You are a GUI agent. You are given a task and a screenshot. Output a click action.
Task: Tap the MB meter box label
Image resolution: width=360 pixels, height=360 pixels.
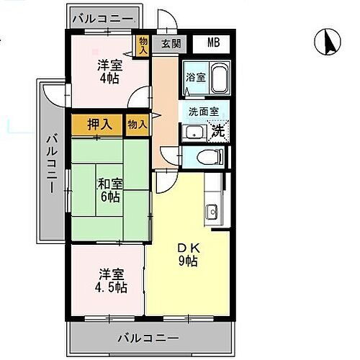[x=214, y=42]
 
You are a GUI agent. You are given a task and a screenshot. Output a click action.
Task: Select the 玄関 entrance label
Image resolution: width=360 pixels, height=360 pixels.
[x=171, y=43]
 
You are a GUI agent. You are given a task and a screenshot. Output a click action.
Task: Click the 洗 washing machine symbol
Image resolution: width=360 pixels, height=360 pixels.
[x=217, y=130]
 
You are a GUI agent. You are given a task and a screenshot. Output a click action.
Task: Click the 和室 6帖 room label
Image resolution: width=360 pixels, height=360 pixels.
[x=109, y=189]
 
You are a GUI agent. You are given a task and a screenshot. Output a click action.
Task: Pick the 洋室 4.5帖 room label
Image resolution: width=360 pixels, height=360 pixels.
[x=112, y=281]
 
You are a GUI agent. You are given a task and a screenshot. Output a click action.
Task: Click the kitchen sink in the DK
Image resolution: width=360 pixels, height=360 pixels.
[x=212, y=212]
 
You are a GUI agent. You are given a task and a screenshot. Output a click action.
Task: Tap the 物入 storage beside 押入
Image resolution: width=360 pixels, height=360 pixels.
[x=138, y=124]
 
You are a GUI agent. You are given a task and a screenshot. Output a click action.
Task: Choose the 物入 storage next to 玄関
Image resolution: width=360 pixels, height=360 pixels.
[x=143, y=46]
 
